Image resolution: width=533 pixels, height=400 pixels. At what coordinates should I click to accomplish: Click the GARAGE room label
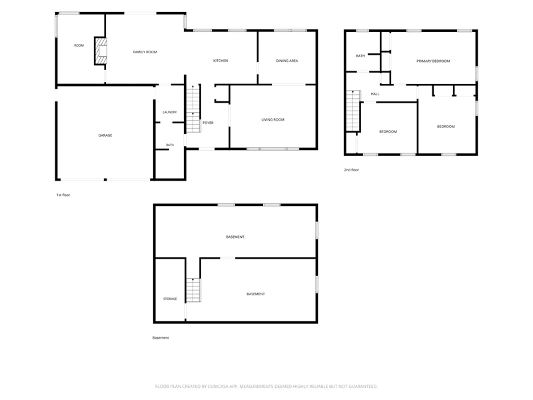pyautogui.click(x=105, y=135)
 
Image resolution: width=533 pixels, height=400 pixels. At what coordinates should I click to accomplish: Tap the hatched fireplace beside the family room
pyautogui.click(x=101, y=51)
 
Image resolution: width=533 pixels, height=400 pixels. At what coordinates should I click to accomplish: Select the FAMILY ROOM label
pyautogui.click(x=145, y=52)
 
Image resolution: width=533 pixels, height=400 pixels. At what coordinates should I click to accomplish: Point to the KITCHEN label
pyautogui.click(x=221, y=61)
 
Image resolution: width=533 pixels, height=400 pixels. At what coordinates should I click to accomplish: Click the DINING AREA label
pyautogui.click(x=287, y=61)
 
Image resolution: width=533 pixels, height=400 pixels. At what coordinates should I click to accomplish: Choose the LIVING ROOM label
pyautogui.click(x=272, y=119)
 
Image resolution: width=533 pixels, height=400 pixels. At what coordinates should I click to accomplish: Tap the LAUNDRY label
pyautogui.click(x=170, y=112)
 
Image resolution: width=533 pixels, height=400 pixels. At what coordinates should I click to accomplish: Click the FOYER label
pyautogui.click(x=208, y=123)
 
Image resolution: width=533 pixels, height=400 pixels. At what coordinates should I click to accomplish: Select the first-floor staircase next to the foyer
pyautogui.click(x=193, y=109)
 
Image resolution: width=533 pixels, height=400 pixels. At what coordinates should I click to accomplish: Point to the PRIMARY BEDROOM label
pyautogui.click(x=433, y=61)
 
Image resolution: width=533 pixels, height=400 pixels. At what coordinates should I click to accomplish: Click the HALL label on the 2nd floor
pyautogui.click(x=375, y=94)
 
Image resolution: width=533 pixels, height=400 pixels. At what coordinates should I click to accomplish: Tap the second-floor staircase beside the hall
pyautogui.click(x=353, y=111)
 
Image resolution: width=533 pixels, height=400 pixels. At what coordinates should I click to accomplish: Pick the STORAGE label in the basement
pyautogui.click(x=170, y=299)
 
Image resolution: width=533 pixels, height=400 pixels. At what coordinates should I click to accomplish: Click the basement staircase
pyautogui.click(x=193, y=290)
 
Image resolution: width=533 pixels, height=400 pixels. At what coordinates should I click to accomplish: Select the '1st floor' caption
pyautogui.click(x=63, y=195)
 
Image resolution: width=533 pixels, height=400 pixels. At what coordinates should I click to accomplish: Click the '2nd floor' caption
pyautogui.click(x=352, y=170)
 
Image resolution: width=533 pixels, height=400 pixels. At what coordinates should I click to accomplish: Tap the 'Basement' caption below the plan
pyautogui.click(x=161, y=338)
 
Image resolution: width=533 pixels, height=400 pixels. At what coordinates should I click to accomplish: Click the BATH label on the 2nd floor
pyautogui.click(x=360, y=56)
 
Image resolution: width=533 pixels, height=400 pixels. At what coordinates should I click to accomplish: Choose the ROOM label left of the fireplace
pyautogui.click(x=79, y=45)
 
